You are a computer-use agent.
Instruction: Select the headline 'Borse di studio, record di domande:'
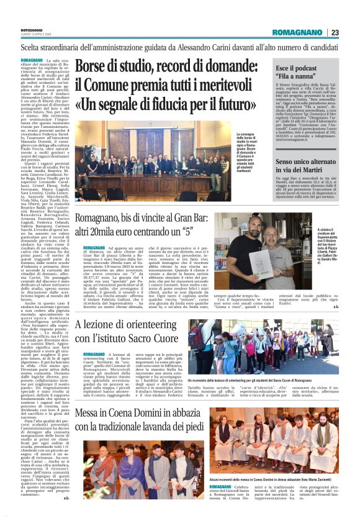click(166, 66)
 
